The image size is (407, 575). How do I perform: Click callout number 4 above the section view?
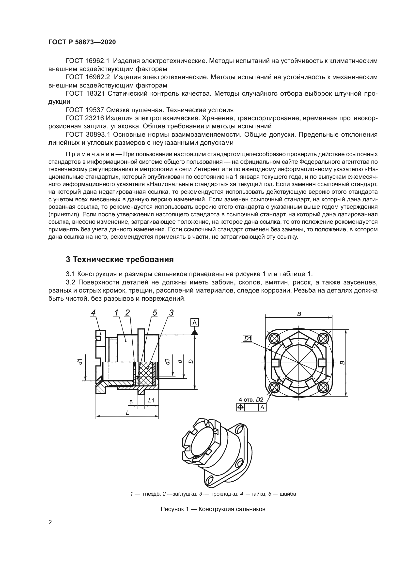point(93,313)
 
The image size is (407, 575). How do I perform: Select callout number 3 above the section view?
point(171,313)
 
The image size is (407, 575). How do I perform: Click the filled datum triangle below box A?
point(195,332)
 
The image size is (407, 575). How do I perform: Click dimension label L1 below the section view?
point(151,400)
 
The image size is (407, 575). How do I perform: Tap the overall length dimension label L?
point(127,413)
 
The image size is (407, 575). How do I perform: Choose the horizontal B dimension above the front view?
point(299,314)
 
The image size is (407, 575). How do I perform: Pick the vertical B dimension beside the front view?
point(343,362)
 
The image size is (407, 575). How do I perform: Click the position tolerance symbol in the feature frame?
point(240,407)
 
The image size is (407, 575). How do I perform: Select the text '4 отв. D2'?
point(251,399)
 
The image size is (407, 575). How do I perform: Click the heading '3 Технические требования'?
point(120,259)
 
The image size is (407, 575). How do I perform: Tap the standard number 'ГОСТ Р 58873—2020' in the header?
point(82,42)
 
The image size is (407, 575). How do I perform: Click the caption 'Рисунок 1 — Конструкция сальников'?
point(213,509)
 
